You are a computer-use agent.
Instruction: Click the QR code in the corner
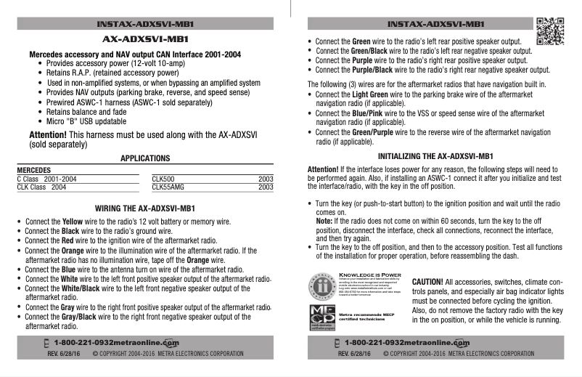549,31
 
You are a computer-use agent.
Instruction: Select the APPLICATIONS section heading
145,158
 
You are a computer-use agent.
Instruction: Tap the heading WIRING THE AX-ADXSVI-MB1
145,207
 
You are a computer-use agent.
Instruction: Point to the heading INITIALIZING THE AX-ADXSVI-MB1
436,156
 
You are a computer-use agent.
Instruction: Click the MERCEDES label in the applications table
35,170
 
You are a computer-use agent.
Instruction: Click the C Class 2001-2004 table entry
46,178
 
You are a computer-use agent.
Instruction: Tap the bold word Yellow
73,221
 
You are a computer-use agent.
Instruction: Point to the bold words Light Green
370,95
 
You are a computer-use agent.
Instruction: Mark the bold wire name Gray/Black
84,317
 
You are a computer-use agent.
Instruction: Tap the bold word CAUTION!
427,281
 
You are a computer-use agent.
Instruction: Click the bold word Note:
324,221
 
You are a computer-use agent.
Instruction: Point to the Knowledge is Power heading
370,275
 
